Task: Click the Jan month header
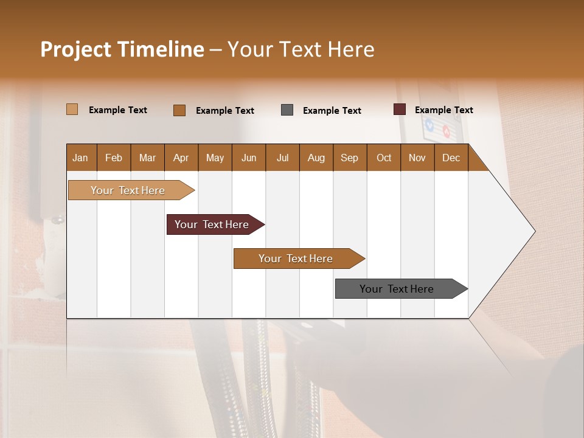click(x=81, y=158)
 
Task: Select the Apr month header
click(x=181, y=158)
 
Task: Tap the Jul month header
click(x=282, y=158)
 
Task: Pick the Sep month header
click(x=349, y=158)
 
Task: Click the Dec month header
click(x=451, y=158)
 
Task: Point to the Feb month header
click(x=114, y=158)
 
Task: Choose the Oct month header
click(x=384, y=158)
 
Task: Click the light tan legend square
click(x=72, y=109)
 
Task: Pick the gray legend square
click(x=287, y=110)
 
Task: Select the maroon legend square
click(x=400, y=109)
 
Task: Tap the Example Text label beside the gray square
click(x=332, y=111)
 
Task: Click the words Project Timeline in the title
click(x=122, y=49)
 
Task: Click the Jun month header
click(x=249, y=158)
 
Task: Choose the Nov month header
click(x=417, y=158)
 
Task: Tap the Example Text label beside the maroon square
click(x=444, y=110)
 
